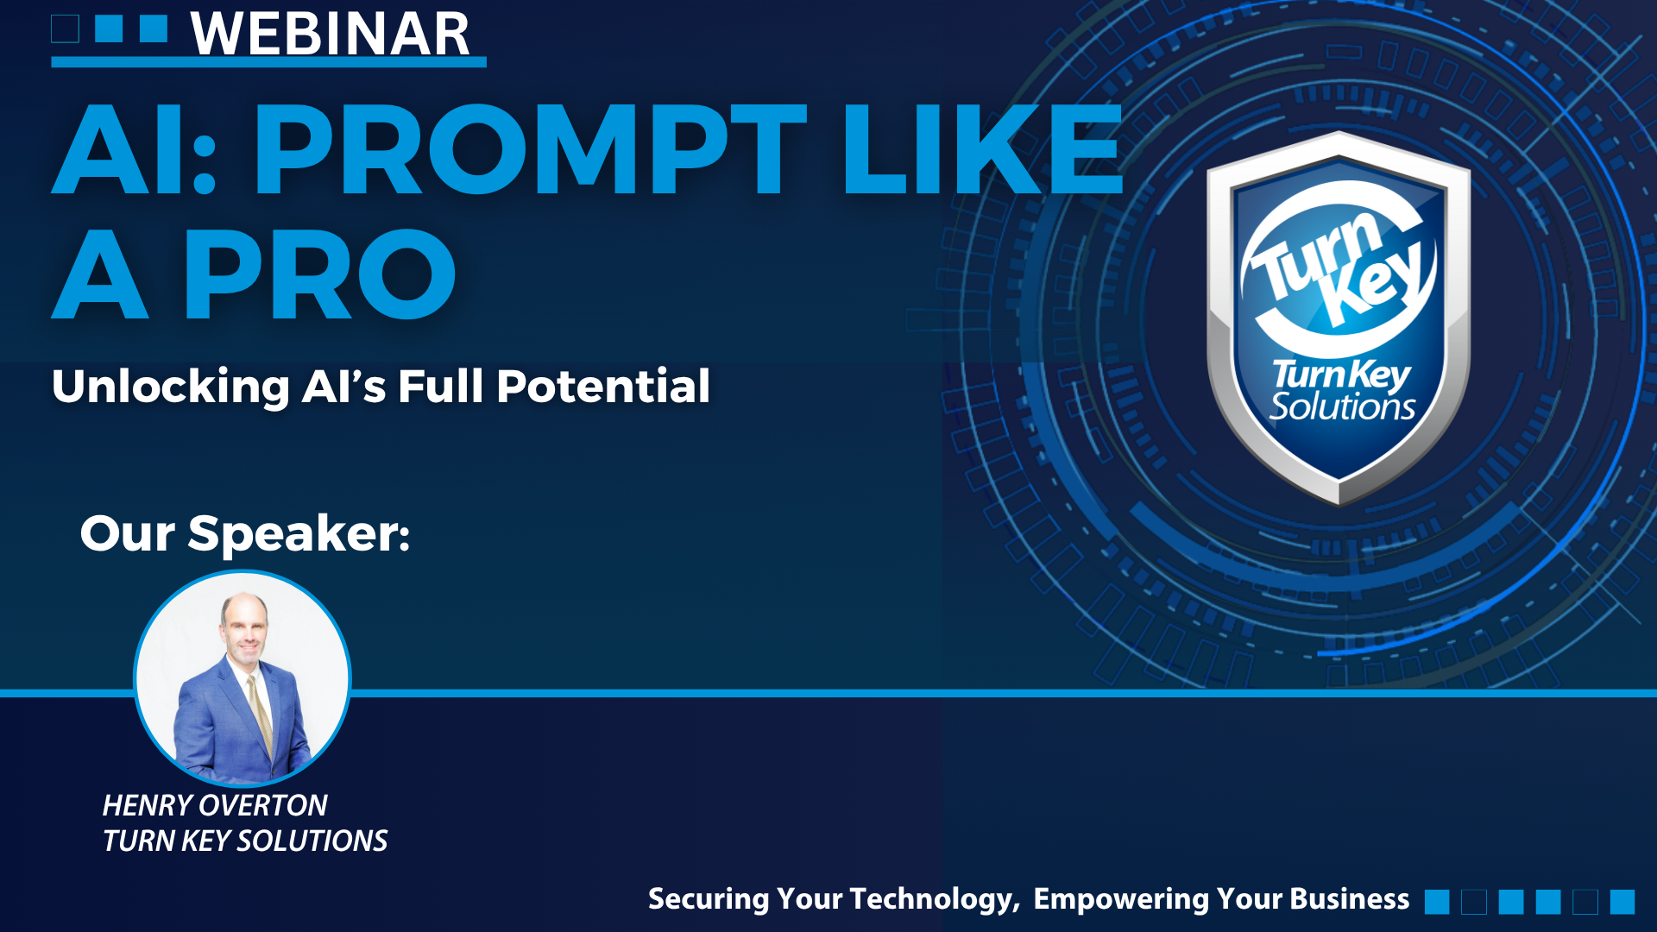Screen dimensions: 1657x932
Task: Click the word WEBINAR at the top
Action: [x=331, y=35]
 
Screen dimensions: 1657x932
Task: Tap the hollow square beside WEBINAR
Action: [x=66, y=28]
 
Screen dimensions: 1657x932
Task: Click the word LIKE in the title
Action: [x=983, y=149]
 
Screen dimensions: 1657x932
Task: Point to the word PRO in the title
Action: [x=319, y=274]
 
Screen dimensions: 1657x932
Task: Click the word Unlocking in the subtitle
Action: [x=171, y=387]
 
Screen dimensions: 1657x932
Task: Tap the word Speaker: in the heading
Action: [x=299, y=535]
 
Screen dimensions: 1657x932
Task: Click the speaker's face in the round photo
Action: [x=245, y=627]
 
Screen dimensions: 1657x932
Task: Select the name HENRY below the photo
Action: [x=146, y=805]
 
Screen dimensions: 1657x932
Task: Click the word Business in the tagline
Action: [x=1350, y=899]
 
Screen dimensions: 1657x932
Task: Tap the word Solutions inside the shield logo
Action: [x=1343, y=406]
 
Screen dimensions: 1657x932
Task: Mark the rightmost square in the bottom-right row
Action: [x=1622, y=902]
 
